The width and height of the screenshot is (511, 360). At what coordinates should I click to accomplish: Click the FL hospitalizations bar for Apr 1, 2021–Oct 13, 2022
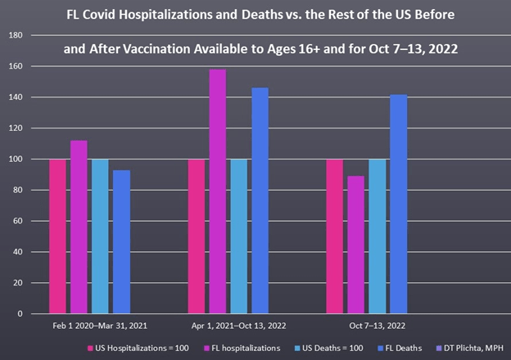(217, 191)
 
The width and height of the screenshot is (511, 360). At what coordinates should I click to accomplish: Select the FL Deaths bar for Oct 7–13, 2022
(399, 204)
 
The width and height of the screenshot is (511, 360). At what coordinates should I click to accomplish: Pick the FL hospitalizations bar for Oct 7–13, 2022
(356, 245)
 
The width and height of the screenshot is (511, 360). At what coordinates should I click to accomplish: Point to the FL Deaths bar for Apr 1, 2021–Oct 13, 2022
(260, 200)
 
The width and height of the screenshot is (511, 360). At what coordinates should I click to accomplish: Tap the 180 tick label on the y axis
(16, 35)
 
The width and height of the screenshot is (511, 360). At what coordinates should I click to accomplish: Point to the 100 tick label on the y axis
(16, 159)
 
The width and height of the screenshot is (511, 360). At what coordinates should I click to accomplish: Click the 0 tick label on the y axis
(19, 313)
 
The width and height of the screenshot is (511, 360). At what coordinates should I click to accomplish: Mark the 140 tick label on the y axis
(16, 97)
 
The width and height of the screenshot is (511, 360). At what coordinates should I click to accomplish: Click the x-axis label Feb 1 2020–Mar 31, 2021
(89, 327)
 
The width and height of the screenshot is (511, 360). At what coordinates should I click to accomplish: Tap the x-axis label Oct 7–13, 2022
(378, 327)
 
